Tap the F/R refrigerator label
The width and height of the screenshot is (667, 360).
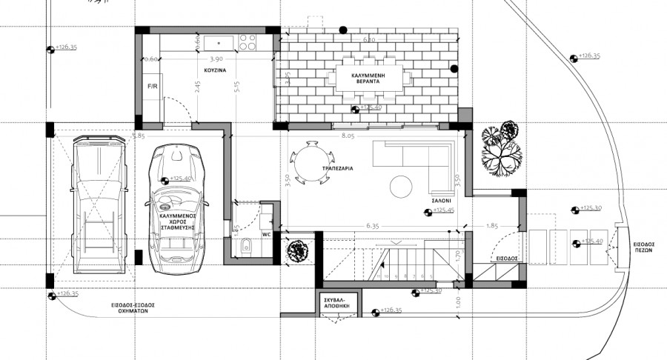153,87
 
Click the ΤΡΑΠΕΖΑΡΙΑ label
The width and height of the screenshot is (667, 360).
336,168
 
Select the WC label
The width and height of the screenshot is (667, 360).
268,234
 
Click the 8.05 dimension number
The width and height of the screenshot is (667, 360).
348,137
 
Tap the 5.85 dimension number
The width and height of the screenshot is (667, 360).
138,136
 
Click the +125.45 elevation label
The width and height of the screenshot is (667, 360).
442,210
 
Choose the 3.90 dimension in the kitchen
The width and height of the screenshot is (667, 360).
216,59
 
